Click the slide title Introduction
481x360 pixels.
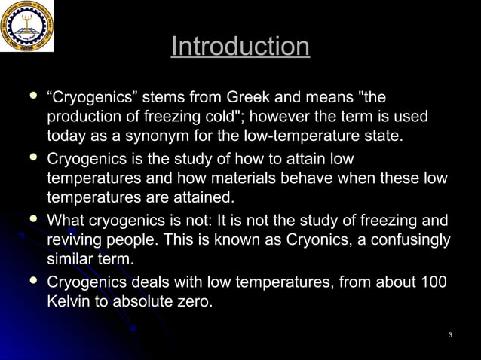pyautogui.click(x=240, y=47)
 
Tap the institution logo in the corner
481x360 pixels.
pyautogui.click(x=26, y=26)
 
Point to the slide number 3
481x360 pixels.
pyautogui.click(x=449, y=334)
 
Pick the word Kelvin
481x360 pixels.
pyautogui.click(x=69, y=303)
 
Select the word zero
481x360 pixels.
pyautogui.click(x=194, y=303)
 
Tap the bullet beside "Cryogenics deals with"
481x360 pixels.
pyautogui.click(x=32, y=281)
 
